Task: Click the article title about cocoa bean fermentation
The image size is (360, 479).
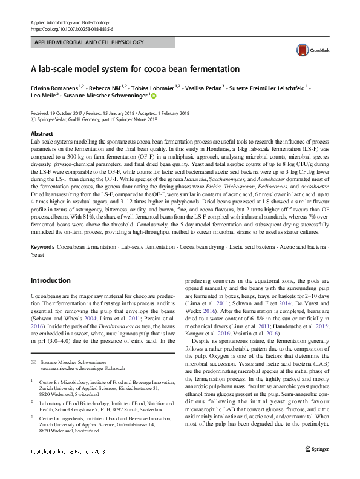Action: (135, 69)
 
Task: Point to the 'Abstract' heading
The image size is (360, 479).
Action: (42, 134)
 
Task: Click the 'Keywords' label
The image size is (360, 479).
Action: (42, 265)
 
